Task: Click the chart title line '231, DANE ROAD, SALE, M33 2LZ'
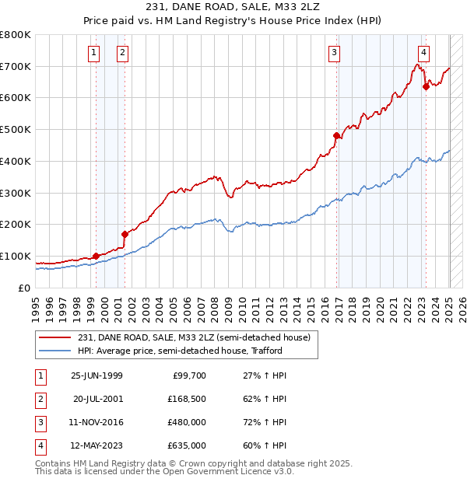[x=233, y=6]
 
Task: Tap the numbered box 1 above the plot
[x=94, y=53]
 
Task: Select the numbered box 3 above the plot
[x=334, y=53]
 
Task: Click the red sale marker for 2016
[x=337, y=135]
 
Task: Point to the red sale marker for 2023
[x=426, y=86]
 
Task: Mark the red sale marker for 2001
[x=125, y=233]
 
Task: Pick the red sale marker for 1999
[x=96, y=256]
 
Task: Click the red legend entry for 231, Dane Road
[x=194, y=337]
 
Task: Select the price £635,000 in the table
[x=185, y=445]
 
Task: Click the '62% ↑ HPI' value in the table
[x=264, y=399]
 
